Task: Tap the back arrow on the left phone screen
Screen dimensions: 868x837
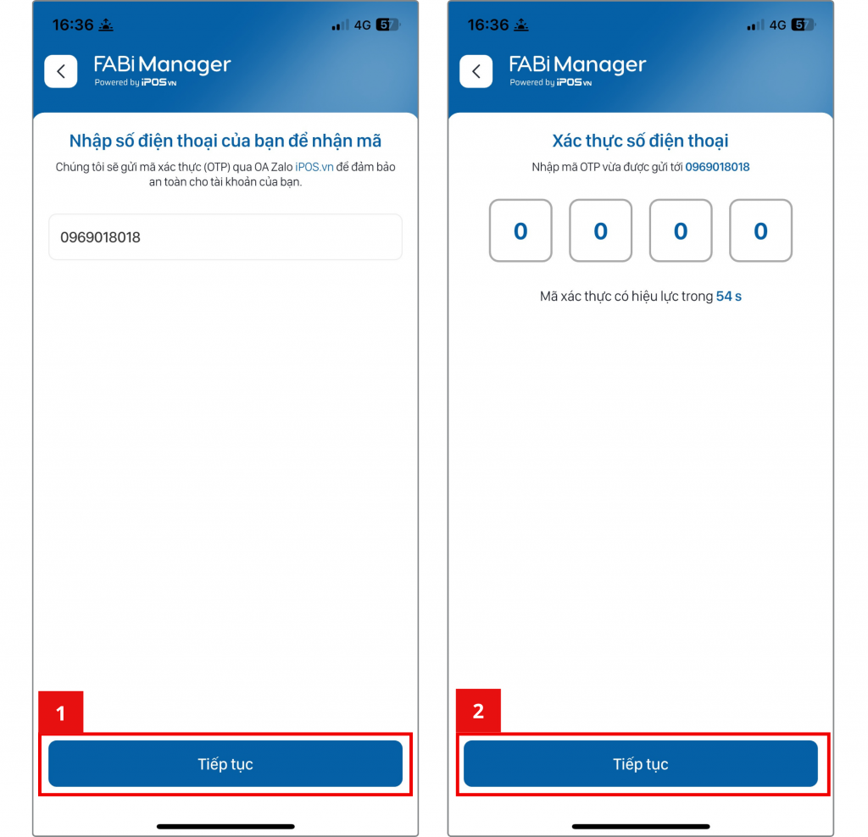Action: [x=61, y=71]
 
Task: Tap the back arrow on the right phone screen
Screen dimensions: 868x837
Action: [x=476, y=71]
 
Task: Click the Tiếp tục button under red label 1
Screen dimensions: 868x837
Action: [x=225, y=763]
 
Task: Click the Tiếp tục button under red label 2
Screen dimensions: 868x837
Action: [x=641, y=763]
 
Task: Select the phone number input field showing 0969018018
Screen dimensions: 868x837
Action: [x=225, y=236]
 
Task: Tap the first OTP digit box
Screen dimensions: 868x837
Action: [x=520, y=230]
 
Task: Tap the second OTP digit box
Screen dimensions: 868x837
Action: [x=601, y=230]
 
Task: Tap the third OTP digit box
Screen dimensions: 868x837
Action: [x=681, y=230]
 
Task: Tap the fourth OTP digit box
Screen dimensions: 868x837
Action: [x=760, y=230]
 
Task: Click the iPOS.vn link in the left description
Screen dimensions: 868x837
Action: [x=314, y=167]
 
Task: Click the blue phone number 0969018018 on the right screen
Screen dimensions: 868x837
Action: [x=717, y=167]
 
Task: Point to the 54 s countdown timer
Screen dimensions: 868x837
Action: [x=728, y=296]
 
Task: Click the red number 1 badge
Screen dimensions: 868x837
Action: [x=61, y=712]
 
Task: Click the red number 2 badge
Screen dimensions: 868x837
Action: [x=478, y=710]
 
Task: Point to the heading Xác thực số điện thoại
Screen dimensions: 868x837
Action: [x=641, y=141]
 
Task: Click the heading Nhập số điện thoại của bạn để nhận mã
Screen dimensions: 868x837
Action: [x=225, y=141]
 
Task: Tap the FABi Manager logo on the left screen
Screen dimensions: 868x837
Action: [x=162, y=70]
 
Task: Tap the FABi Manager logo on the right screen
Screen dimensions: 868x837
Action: [x=576, y=70]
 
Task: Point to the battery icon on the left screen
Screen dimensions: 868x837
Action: [x=388, y=25]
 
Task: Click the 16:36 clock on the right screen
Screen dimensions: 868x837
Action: [x=487, y=25]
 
